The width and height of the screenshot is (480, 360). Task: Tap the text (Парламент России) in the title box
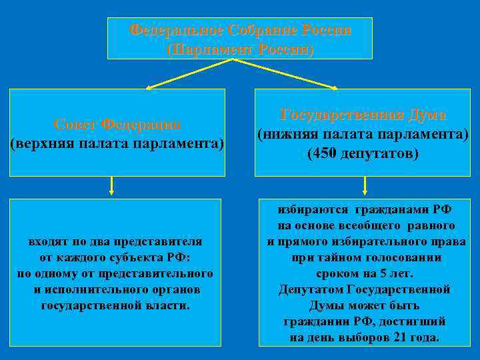pyautogui.click(x=239, y=49)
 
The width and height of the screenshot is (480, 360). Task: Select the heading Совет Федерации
pyautogui.click(x=117, y=125)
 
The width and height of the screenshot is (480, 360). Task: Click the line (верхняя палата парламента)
pyautogui.click(x=117, y=143)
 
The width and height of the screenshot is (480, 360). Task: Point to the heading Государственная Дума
pyautogui.click(x=363, y=114)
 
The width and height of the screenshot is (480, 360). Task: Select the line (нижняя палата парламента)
pyautogui.click(x=363, y=135)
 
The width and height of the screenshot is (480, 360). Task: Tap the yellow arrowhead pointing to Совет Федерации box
pyautogui.click(x=150, y=87)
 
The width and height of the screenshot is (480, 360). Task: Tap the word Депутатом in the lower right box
pyautogui.click(x=311, y=289)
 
